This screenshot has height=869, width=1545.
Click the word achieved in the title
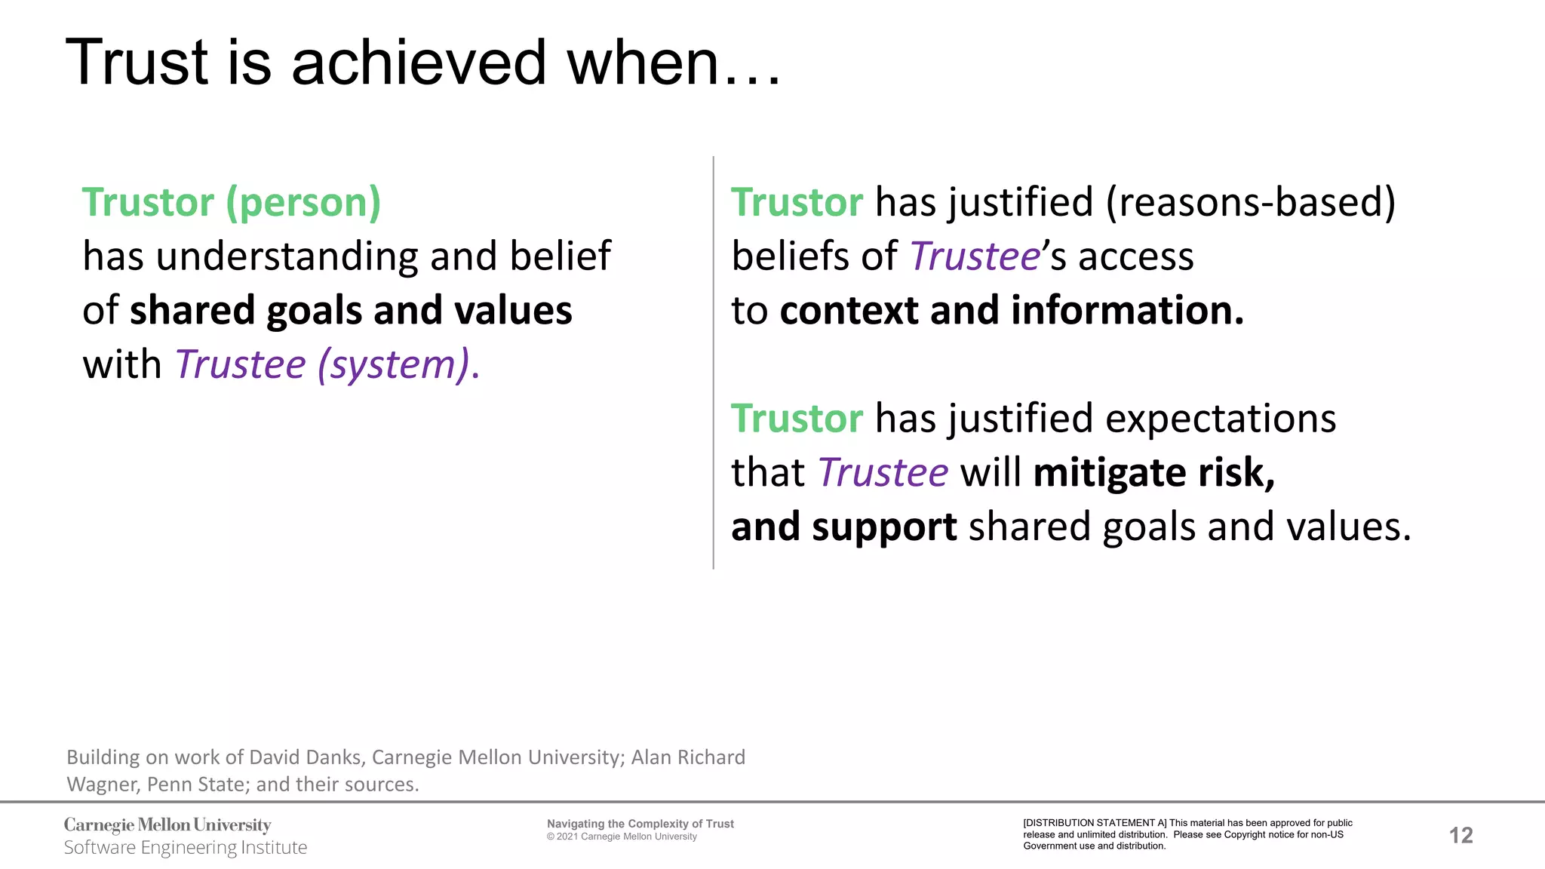pos(418,63)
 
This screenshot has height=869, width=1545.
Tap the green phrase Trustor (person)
pos(232,202)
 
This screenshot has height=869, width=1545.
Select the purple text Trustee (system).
pos(327,365)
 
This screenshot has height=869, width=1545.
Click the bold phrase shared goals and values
pos(351,311)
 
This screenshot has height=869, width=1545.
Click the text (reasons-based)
pos(1251,202)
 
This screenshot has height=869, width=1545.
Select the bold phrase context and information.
pos(1012,311)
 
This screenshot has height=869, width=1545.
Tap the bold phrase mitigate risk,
pos(1154,473)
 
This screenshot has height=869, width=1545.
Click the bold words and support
pos(844,527)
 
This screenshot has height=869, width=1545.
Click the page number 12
pos(1461,835)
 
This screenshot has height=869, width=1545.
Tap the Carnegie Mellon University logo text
pos(167,824)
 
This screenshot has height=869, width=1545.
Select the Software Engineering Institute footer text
pos(186,848)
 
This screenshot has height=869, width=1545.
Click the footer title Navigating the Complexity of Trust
pos(640,824)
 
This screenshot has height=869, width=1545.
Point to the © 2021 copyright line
pos(622,837)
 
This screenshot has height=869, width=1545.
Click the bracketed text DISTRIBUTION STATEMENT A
pos(1095,823)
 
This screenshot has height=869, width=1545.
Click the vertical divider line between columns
pos(713,362)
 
